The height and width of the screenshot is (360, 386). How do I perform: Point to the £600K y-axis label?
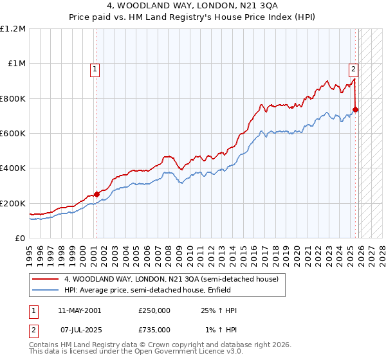13,134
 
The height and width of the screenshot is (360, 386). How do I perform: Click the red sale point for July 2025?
356,109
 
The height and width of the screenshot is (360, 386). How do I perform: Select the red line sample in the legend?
46,280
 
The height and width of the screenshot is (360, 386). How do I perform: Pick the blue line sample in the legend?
46,291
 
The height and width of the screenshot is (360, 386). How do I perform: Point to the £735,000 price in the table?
154,330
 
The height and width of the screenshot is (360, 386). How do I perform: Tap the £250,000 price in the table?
154,310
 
